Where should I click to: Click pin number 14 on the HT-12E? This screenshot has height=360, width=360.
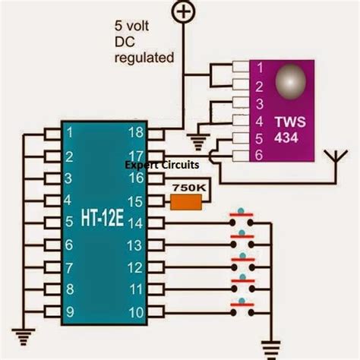137,223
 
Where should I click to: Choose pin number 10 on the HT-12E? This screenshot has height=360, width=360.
137,311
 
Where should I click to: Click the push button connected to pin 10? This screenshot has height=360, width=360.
242,306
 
